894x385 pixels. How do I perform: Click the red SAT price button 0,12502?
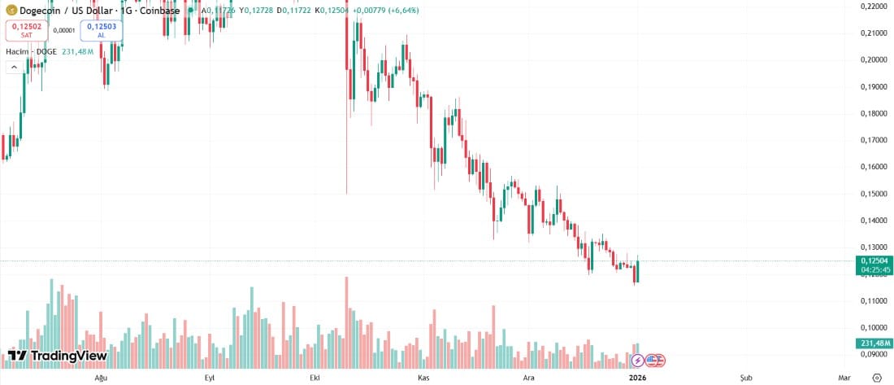[27, 30]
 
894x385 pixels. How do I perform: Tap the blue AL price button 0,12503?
[102, 30]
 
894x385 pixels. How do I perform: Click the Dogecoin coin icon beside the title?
[12, 11]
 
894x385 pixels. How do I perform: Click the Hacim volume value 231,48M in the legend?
[77, 51]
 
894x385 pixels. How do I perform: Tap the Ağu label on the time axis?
[102, 378]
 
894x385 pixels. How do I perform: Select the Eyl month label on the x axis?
[209, 378]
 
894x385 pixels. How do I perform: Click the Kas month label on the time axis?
[423, 378]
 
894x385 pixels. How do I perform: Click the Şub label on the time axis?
[745, 378]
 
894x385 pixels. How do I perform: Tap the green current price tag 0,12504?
[874, 260]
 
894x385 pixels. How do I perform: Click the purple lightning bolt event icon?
[638, 359]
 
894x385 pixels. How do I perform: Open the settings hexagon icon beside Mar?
[876, 378]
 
